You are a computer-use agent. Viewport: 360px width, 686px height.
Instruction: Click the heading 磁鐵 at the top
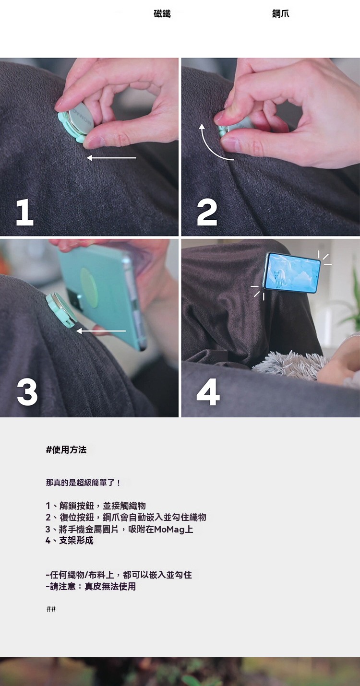click(162, 13)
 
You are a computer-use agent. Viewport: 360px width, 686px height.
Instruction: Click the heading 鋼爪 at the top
click(281, 13)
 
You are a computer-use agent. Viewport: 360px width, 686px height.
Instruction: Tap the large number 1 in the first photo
click(24, 212)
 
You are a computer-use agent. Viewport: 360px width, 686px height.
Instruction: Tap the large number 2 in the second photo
click(207, 212)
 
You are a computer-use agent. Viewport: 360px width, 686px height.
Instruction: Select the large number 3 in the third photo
click(27, 392)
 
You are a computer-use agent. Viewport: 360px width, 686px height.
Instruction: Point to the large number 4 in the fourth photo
click(208, 392)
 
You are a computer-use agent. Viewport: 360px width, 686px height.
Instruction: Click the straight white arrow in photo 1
click(111, 158)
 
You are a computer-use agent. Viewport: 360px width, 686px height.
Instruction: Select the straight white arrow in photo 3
click(101, 331)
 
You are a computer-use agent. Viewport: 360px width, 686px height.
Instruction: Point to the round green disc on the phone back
click(89, 288)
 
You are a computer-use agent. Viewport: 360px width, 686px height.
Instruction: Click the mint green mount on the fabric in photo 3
click(60, 310)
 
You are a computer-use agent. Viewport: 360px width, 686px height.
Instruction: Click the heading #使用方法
click(66, 449)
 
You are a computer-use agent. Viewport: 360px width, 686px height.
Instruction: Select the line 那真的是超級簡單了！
click(84, 483)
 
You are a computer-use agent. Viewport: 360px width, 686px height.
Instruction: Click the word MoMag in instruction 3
click(170, 529)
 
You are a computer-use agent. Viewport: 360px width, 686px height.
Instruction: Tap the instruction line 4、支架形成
click(70, 541)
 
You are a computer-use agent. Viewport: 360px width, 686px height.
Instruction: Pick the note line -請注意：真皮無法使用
click(91, 587)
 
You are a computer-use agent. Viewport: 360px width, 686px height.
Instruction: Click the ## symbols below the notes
click(51, 609)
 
